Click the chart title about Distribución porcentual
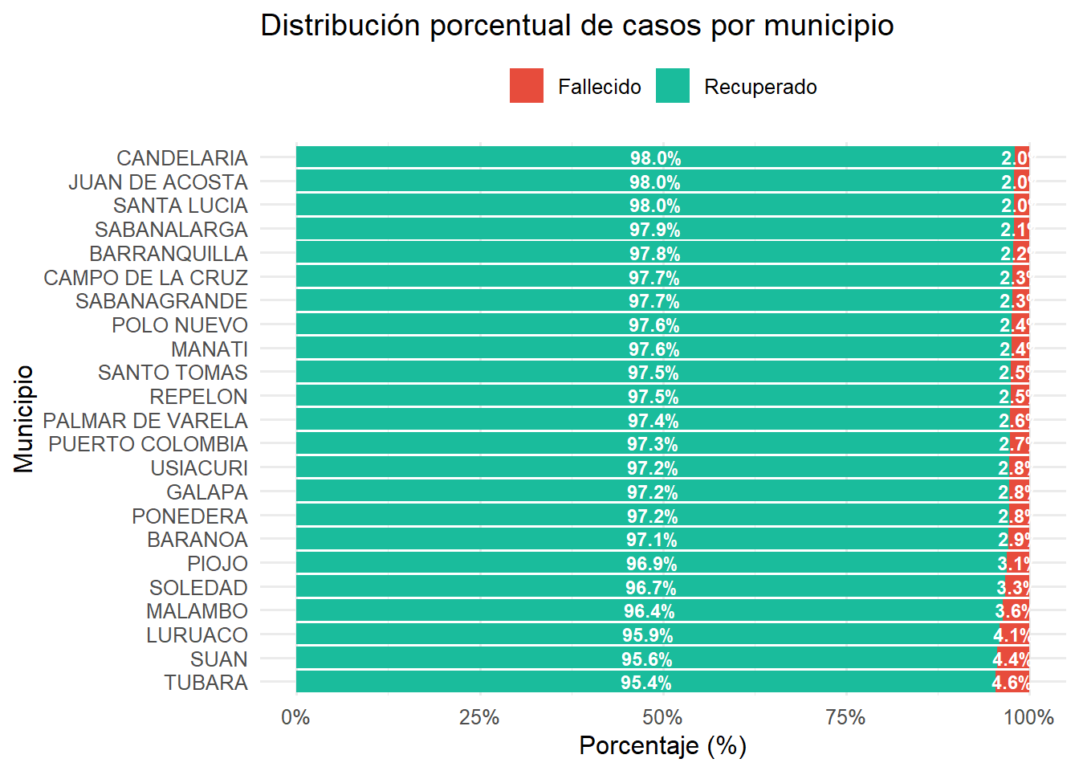pos(576,26)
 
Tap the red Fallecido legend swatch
pos(526,86)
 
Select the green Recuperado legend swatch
pos(672,86)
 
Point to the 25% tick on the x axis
pos(479,717)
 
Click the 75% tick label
pos(845,717)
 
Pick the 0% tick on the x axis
pos(295,717)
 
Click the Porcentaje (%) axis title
pos(662,746)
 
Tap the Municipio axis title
pos(24,418)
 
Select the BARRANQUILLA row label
pos(169,254)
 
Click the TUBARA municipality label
pos(206,683)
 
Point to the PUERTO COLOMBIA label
pos(148,444)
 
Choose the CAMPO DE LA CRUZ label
pos(145,278)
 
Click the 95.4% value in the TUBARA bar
pos(645,683)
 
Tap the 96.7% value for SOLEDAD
pos(650,588)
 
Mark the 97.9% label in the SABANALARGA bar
pos(654,230)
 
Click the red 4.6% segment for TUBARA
pos(1012,683)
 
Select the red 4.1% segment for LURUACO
pos(1013,635)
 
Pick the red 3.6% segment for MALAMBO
pos(1015,611)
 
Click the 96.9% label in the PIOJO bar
pos(651,564)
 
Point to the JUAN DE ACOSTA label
pos(158,182)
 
